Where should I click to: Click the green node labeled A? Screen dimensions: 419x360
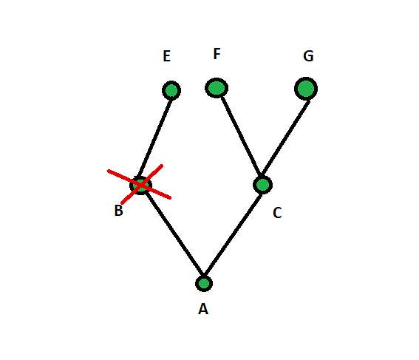[204, 283]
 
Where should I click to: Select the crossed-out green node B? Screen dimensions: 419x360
[141, 185]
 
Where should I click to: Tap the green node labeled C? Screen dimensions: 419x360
[262, 185]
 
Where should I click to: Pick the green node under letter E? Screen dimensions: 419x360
[171, 90]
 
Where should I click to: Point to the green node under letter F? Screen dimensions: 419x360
[217, 88]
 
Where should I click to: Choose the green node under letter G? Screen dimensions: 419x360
[306, 89]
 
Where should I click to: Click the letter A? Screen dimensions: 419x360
[203, 309]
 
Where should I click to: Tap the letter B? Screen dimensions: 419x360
[119, 211]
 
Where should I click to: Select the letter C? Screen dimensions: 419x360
[277, 213]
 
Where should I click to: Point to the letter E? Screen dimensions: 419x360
[167, 56]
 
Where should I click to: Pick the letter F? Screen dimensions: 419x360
[217, 54]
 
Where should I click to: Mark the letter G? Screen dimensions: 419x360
[308, 56]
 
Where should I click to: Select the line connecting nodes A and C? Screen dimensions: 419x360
[233, 234]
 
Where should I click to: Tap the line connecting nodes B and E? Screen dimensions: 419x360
[155, 138]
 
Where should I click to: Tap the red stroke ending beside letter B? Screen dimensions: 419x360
[142, 184]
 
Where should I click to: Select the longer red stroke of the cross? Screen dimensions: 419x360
[139, 184]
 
